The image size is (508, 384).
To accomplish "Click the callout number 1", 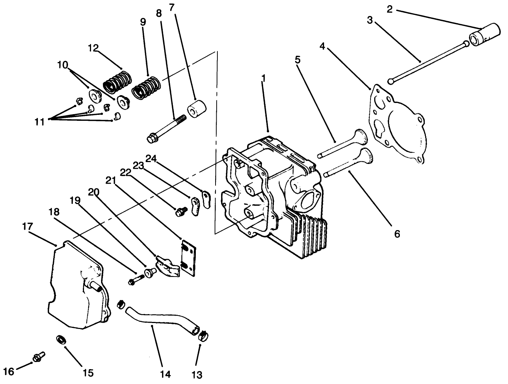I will click(x=263, y=78).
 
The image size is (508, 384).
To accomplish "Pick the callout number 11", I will click(x=39, y=122).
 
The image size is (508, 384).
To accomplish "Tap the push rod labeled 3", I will click(x=427, y=62).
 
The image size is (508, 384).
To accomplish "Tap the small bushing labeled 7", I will click(x=197, y=107).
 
